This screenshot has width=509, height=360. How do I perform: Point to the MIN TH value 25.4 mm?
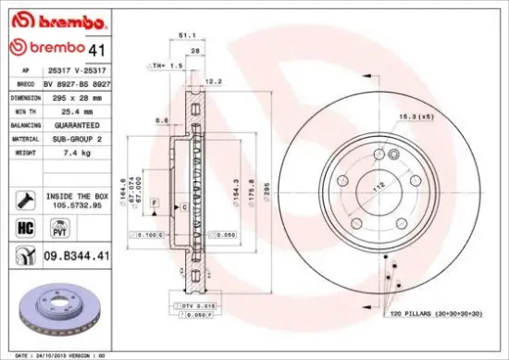click(77, 110)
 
